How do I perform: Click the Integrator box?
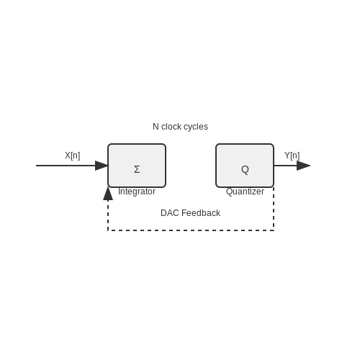137,166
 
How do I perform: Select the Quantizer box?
245,166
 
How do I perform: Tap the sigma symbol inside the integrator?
137,169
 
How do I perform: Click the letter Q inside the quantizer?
245,170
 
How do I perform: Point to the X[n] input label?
72,156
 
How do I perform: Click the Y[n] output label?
292,156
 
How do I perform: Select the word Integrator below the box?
137,192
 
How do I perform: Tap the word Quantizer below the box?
245,192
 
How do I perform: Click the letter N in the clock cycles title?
156,127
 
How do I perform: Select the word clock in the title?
171,127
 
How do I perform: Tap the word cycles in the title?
196,127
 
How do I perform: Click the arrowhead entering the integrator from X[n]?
102,166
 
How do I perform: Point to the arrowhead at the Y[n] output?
304,166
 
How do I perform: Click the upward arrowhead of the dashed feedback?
108,194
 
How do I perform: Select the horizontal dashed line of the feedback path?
191,230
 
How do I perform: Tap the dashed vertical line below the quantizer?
274,209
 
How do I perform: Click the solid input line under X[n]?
66,166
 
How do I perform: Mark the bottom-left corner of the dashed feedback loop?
108,230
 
